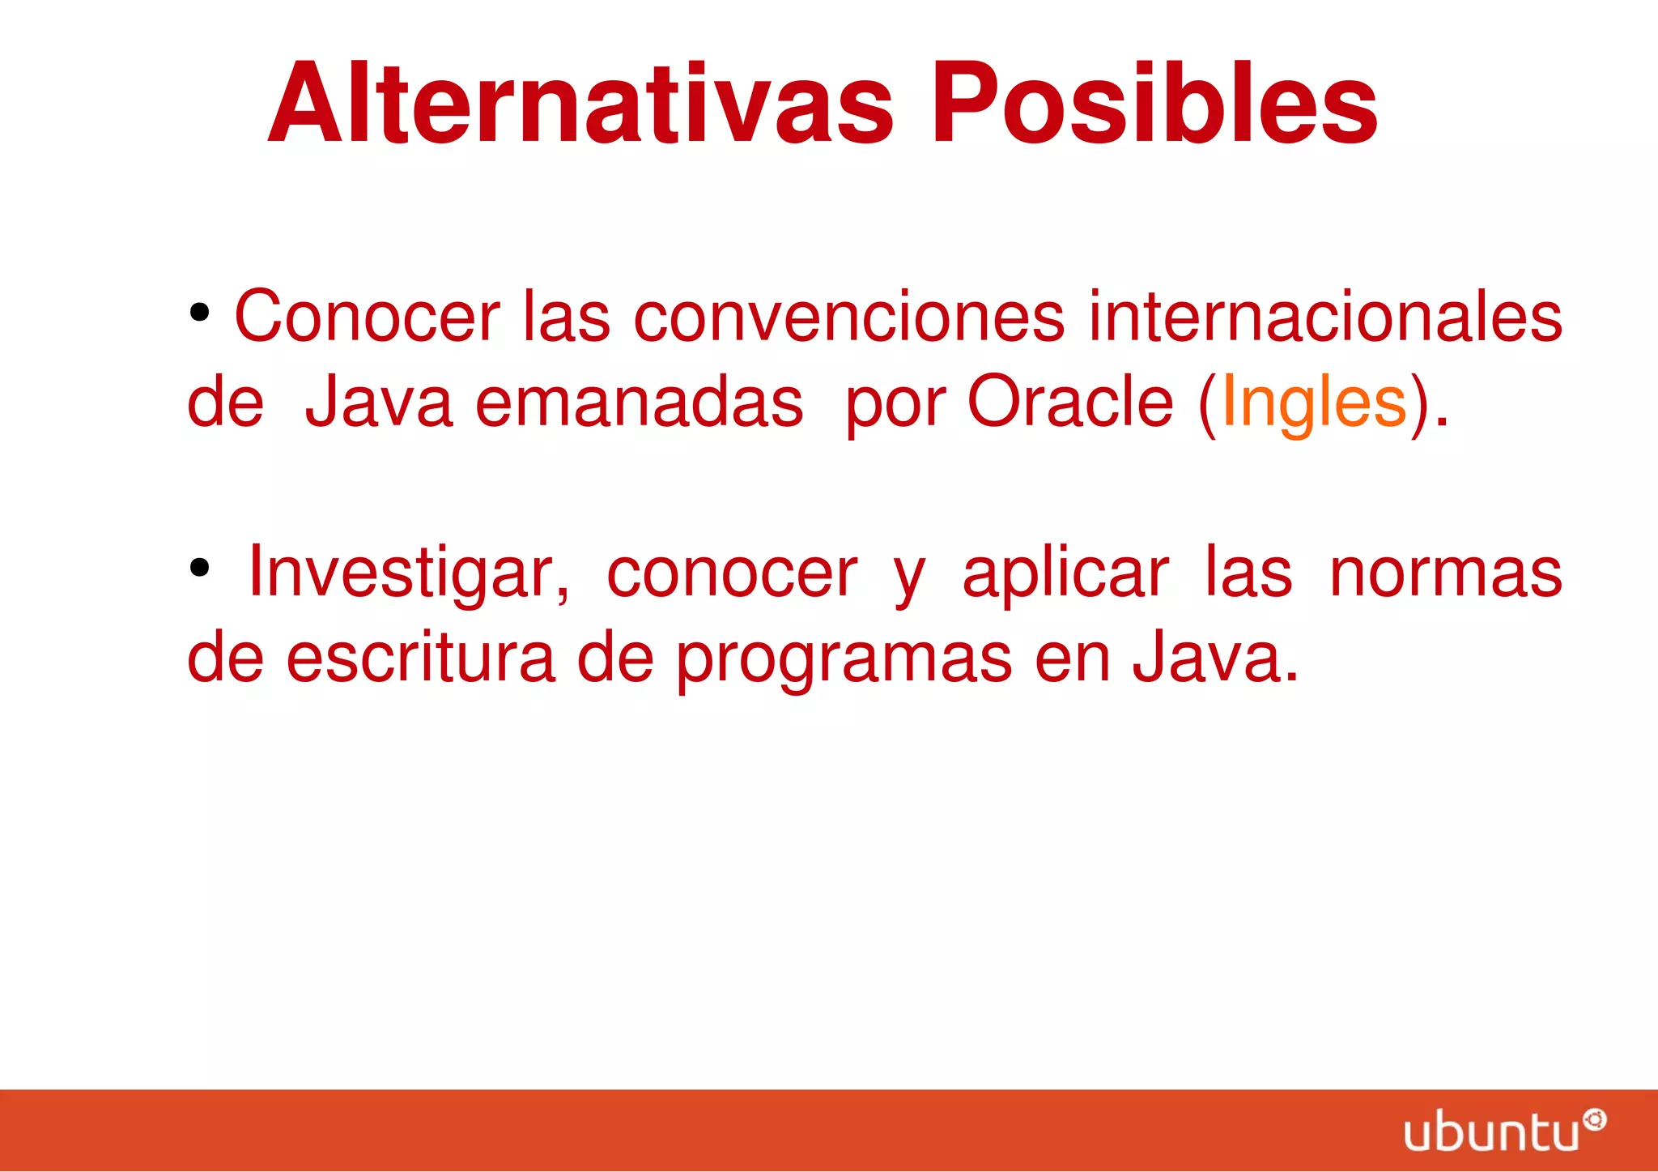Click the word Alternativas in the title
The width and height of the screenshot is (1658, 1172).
click(580, 104)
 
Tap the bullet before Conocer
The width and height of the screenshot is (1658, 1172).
click(199, 313)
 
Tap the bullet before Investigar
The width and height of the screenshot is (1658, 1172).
click(199, 569)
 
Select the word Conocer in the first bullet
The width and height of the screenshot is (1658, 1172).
click(367, 317)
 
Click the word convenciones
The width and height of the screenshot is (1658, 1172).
click(848, 317)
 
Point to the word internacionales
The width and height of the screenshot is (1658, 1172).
click(1324, 317)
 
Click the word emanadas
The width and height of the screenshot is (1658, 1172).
click(639, 403)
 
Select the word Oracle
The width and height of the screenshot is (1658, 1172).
click(1069, 403)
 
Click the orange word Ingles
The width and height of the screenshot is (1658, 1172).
click(1313, 403)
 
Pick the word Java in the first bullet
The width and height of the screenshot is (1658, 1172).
click(378, 403)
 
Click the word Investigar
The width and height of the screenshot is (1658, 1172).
click(409, 573)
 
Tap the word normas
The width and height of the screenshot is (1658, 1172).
click(1445, 573)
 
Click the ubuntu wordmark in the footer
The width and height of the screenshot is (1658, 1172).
click(1491, 1132)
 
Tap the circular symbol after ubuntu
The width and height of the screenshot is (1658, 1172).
click(1594, 1119)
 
